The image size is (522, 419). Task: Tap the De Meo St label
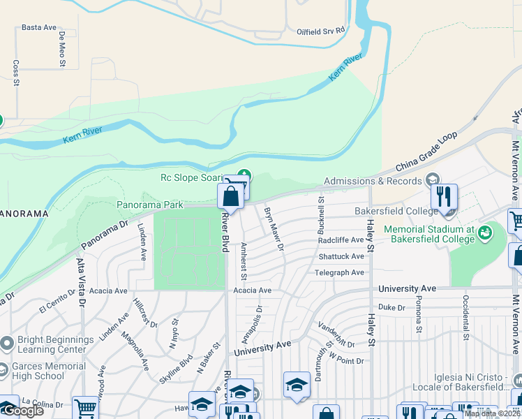[62, 48]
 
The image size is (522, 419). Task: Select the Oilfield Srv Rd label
[321, 31]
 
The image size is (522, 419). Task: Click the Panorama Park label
[149, 205]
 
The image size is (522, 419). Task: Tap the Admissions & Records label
[373, 181]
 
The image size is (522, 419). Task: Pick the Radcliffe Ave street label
[341, 240]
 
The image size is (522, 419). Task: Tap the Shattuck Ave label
[341, 256]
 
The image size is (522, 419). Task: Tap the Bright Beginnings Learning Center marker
[7, 343]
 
